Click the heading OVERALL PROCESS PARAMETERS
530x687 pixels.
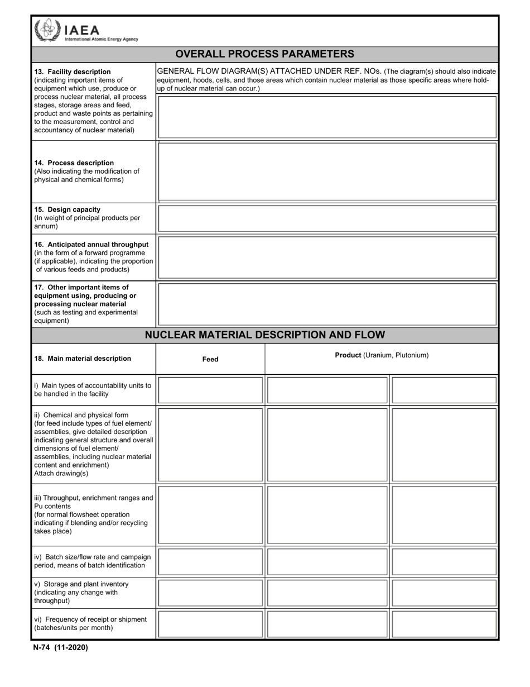[x=264, y=54]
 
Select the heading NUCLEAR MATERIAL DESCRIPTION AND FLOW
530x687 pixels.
[x=264, y=335]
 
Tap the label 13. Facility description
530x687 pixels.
[x=73, y=72]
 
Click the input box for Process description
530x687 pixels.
[x=327, y=171]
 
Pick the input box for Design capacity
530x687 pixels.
[x=327, y=218]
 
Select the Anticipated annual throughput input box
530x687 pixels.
[x=327, y=257]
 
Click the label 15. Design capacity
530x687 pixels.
[x=68, y=210]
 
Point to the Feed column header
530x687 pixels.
[x=210, y=360]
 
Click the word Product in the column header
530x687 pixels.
[x=348, y=355]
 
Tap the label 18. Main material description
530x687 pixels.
[x=83, y=359]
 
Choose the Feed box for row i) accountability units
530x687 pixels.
[x=210, y=390]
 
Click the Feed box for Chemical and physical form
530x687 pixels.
[x=210, y=445]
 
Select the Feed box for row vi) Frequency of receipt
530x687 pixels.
[x=210, y=624]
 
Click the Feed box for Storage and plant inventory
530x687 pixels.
[x=210, y=593]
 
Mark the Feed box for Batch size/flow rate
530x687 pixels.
[x=210, y=561]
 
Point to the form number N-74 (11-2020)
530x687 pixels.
[x=60, y=648]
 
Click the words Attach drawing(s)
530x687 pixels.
[x=61, y=474]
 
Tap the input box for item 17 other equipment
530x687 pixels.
[x=327, y=304]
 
